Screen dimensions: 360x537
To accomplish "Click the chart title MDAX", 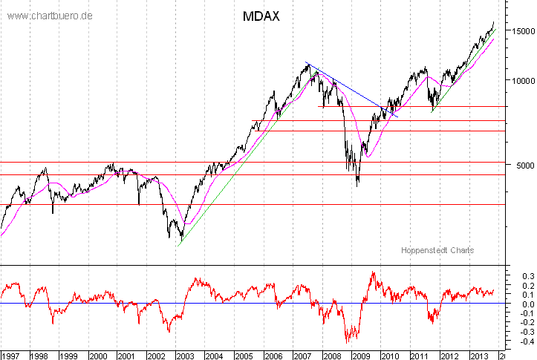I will [x=261, y=16].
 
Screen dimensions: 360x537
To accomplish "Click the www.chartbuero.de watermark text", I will [x=50, y=16].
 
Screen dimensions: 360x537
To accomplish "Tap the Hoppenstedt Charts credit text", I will [x=437, y=251].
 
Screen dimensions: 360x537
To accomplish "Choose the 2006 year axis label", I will [x=274, y=354].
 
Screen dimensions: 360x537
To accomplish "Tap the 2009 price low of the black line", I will [x=358, y=185].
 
